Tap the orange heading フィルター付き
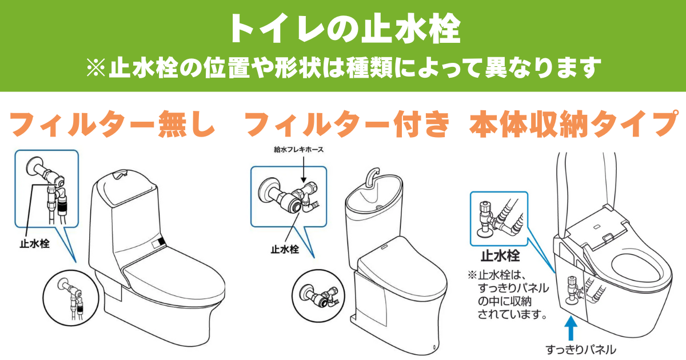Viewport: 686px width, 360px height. pos(347,124)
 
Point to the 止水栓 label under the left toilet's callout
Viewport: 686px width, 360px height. pos(34,244)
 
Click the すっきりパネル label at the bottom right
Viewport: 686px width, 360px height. pos(581,349)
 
